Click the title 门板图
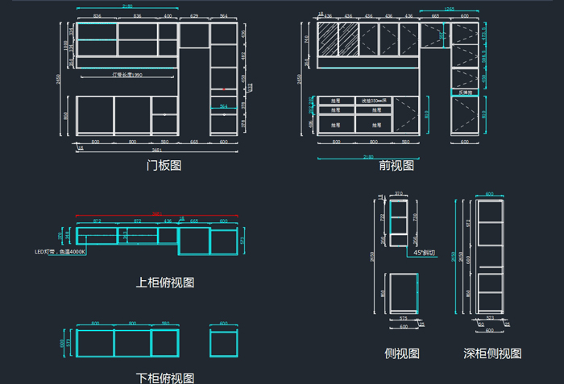click(x=164, y=165)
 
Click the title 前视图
click(x=396, y=165)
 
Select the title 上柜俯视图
click(x=164, y=283)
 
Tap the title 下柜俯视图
click(x=164, y=378)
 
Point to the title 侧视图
click(x=402, y=353)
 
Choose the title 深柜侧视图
click(x=492, y=353)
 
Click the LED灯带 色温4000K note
click(x=60, y=252)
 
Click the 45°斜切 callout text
click(x=424, y=252)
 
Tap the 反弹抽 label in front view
click(x=465, y=93)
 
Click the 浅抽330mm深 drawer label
click(x=375, y=101)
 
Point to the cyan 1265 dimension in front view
click(x=449, y=10)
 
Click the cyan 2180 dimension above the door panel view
click(x=127, y=6)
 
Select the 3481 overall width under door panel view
click(x=155, y=151)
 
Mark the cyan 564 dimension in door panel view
click(x=223, y=106)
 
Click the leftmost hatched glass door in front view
click(x=328, y=39)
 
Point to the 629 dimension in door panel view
click(x=194, y=16)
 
